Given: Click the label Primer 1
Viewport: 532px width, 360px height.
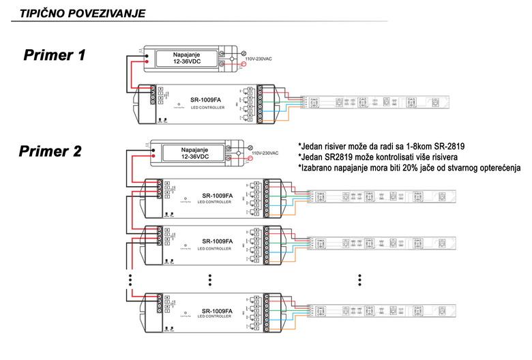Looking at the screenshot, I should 55,55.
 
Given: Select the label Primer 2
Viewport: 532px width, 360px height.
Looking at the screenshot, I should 50,151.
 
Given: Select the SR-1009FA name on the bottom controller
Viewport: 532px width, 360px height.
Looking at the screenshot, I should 218,311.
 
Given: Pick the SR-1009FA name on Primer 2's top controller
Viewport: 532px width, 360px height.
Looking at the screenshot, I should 218,196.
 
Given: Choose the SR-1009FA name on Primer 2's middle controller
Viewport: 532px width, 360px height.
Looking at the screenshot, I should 218,241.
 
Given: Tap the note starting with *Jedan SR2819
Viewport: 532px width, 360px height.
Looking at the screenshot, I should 378,157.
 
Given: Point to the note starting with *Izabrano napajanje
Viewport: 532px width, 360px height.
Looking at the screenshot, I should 409,168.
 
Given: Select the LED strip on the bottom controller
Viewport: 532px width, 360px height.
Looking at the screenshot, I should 379,311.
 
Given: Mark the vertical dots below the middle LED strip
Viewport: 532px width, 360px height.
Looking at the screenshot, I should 360,280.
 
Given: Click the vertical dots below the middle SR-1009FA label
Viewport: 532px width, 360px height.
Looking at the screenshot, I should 211,280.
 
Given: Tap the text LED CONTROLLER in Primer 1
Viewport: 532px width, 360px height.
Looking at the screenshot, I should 204,108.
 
